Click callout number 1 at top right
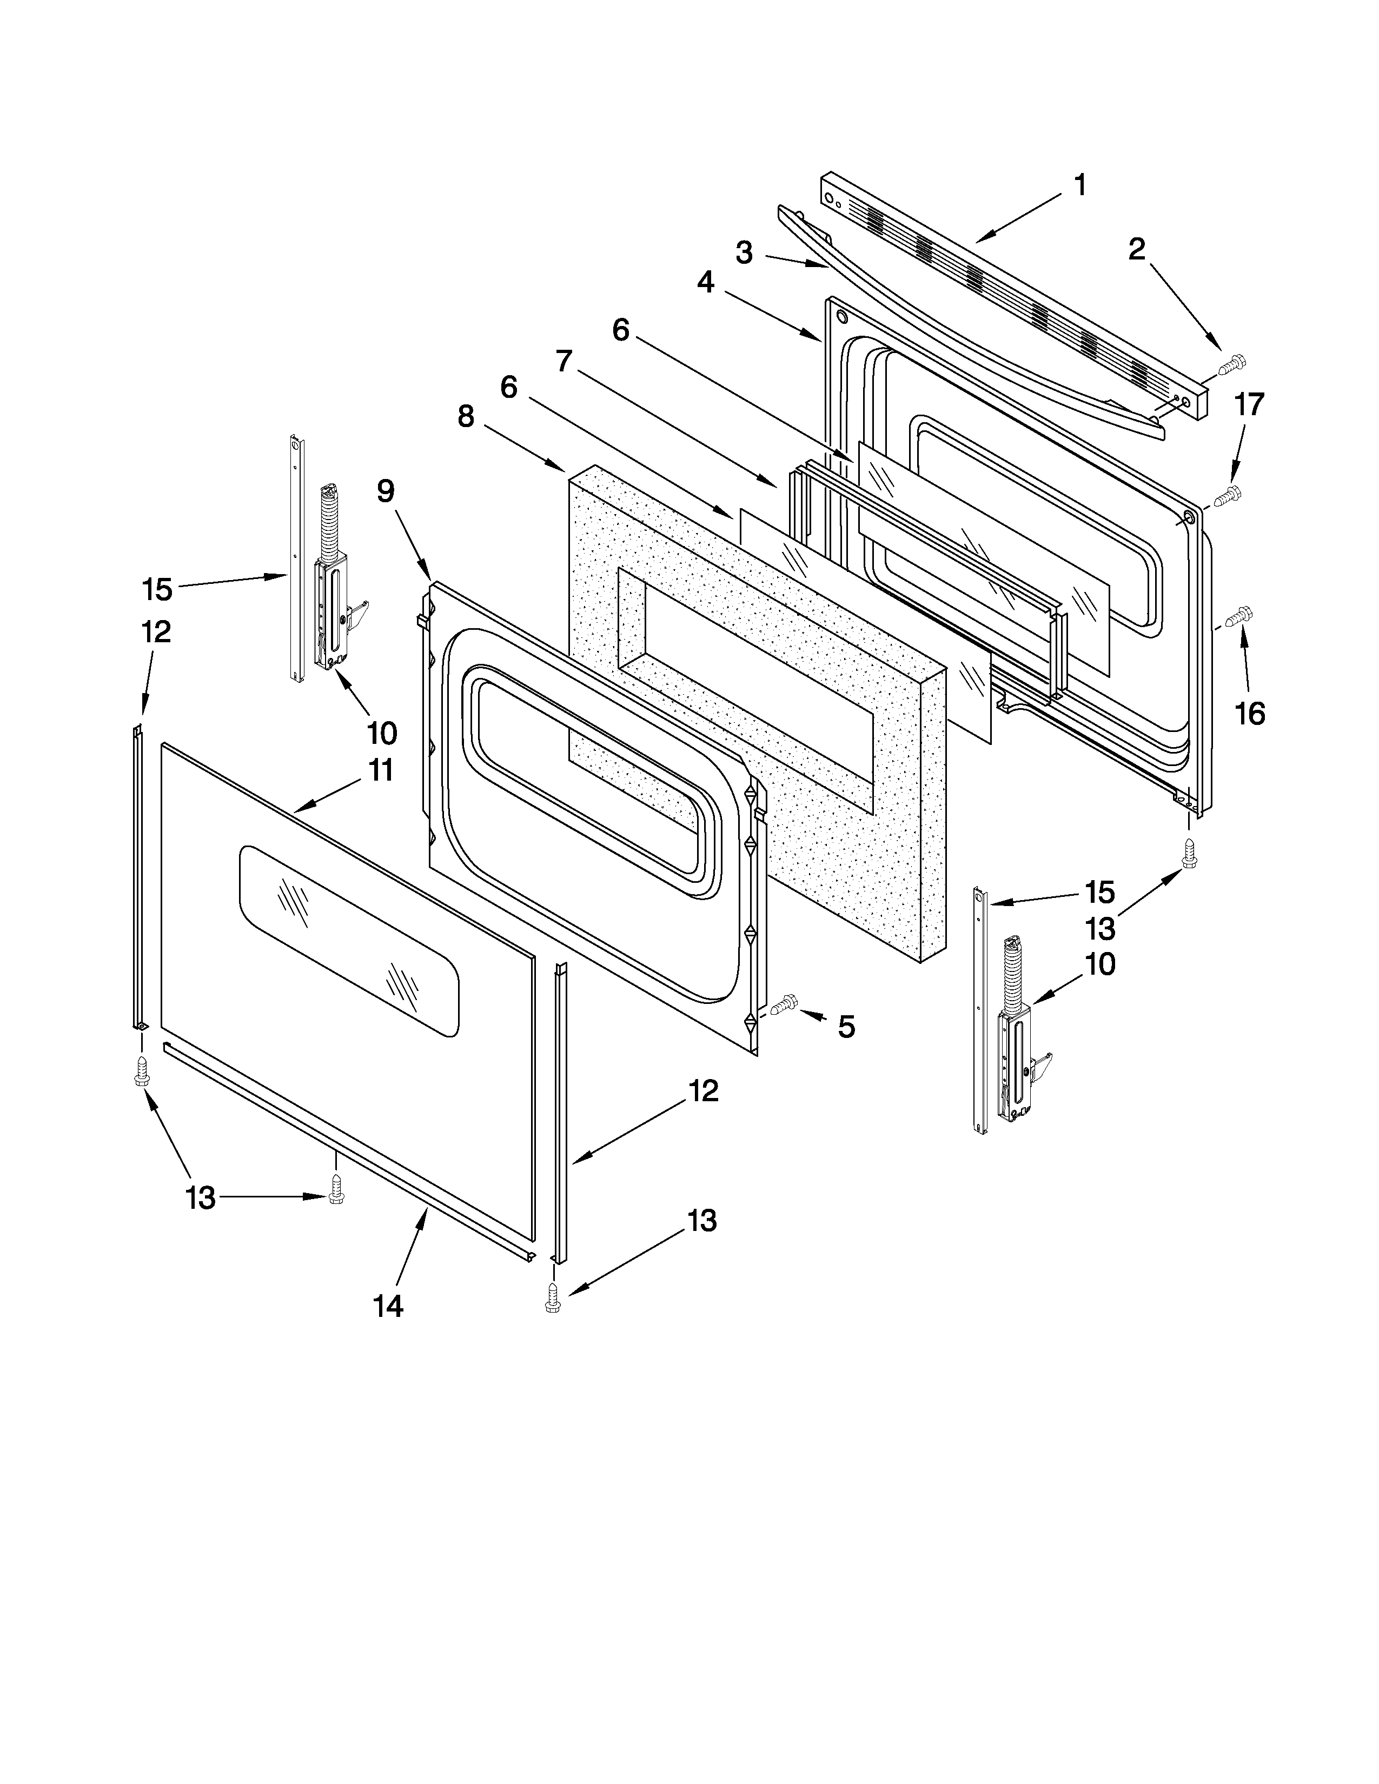(x=1080, y=185)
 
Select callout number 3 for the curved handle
(x=744, y=252)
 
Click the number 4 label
(x=706, y=283)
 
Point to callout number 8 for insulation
(x=466, y=417)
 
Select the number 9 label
(x=386, y=491)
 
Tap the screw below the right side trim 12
(x=554, y=1297)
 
